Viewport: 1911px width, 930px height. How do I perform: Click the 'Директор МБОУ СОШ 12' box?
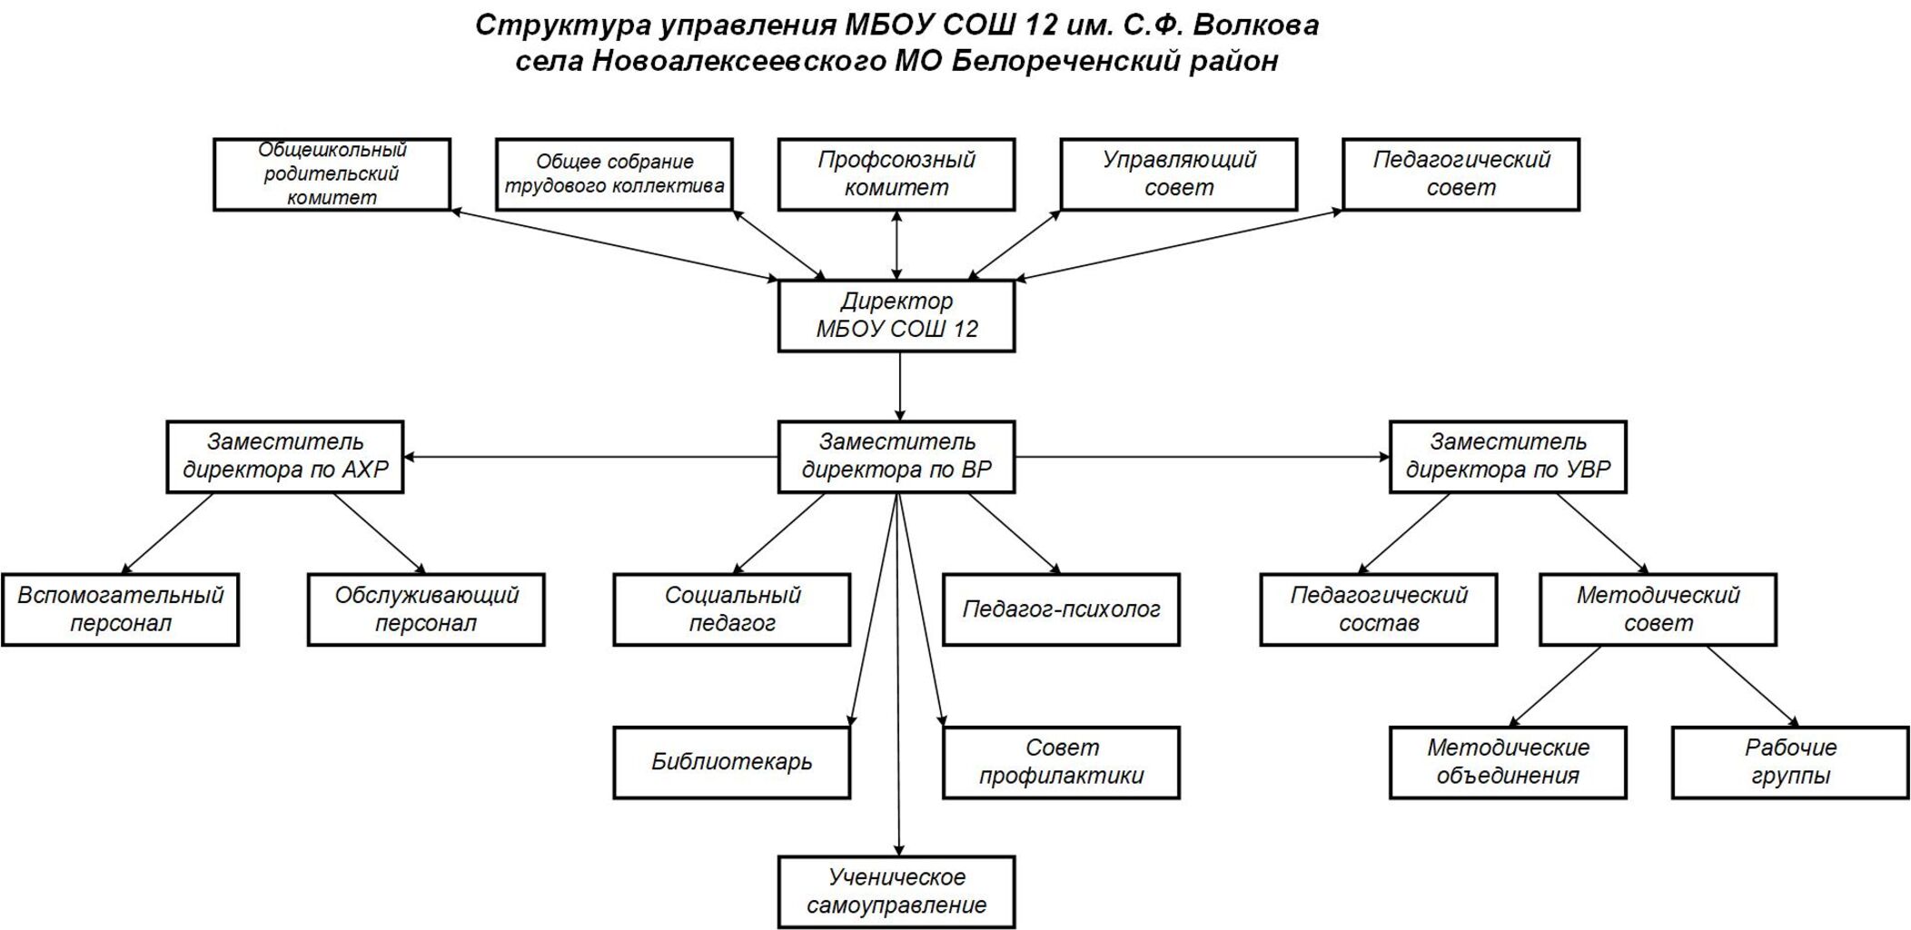896,315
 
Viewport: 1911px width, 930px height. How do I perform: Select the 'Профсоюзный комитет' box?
896,174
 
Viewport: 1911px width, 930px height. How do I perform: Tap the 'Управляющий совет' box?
1178,174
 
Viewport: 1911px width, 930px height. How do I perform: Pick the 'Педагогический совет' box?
1460,174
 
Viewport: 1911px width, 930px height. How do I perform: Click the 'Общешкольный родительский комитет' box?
332,174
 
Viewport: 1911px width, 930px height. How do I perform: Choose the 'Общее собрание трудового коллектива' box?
614,174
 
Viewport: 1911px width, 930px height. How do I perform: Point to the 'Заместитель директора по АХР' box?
285,457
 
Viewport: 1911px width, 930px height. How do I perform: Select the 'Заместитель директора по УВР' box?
1508,457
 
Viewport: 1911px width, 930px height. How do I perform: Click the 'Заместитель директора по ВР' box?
896,457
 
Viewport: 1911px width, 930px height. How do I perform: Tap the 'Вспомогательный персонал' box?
120,609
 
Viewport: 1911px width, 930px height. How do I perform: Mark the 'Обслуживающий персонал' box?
426,609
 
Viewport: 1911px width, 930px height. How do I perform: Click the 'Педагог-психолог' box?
1061,609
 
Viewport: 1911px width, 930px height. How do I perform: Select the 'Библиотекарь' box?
732,762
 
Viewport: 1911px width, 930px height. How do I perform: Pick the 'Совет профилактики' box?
1061,762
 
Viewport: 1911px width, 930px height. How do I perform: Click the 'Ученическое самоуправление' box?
896,892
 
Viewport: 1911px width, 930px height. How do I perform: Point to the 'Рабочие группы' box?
1790,762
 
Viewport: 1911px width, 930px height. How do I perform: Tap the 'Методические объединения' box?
1508,762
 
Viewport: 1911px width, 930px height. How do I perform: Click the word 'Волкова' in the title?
1255,25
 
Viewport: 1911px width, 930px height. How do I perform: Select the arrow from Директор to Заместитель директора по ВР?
900,386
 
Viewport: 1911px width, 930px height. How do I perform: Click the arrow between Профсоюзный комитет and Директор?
897,245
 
